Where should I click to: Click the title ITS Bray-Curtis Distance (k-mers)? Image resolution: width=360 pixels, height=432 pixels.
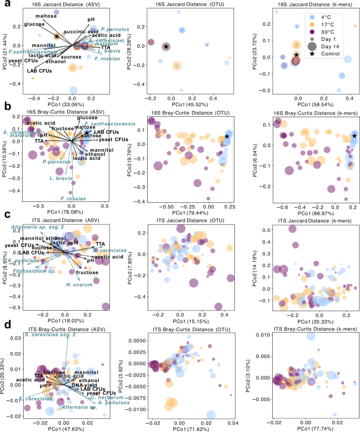tap(298, 329)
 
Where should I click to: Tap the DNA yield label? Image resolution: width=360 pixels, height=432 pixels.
tap(82, 385)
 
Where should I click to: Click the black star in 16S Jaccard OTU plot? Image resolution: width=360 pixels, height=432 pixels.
tap(166, 47)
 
